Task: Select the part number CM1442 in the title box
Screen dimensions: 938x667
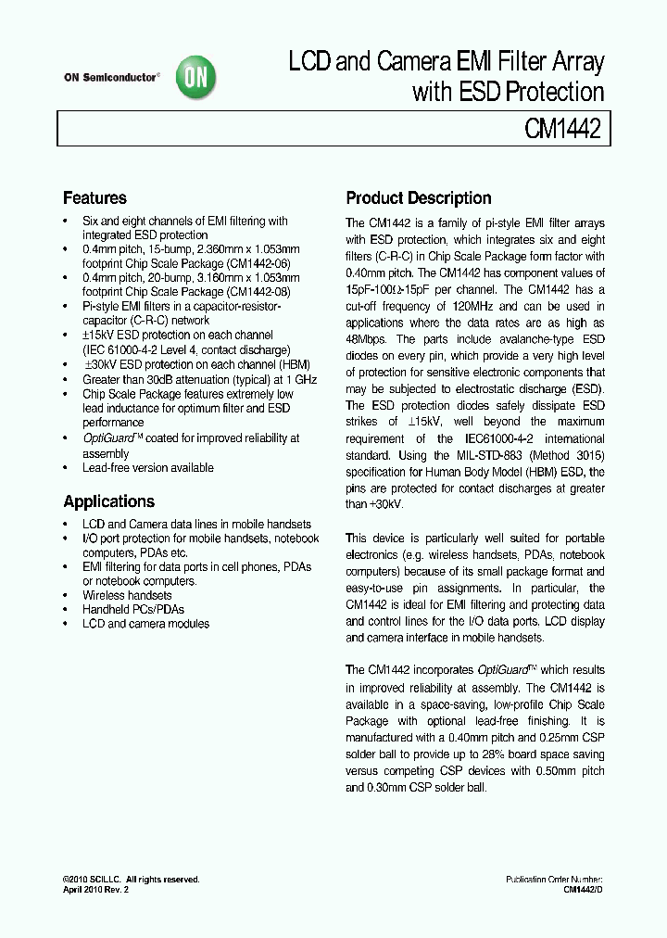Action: click(x=563, y=129)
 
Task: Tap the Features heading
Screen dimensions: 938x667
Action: click(x=94, y=198)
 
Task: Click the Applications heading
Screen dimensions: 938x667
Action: click(x=108, y=501)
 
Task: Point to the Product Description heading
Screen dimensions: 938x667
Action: click(x=418, y=198)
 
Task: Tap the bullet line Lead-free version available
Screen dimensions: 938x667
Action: click(x=148, y=467)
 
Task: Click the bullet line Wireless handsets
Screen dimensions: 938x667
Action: click(x=127, y=595)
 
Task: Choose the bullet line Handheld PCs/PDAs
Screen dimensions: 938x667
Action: click(x=133, y=609)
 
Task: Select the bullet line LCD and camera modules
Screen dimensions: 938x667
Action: click(x=145, y=624)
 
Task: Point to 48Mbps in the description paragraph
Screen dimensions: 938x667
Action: click(x=369, y=339)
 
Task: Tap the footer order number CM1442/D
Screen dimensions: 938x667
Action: click(x=583, y=889)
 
